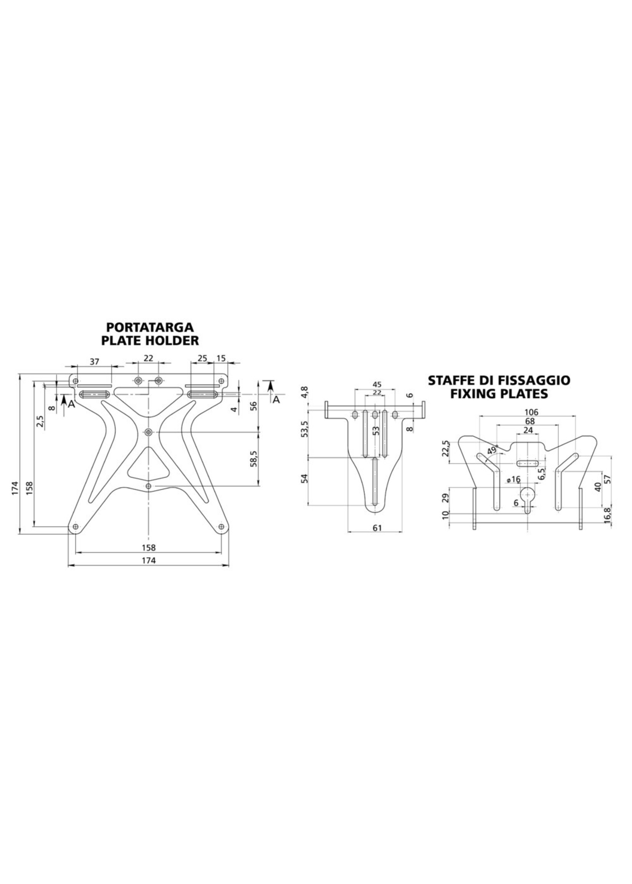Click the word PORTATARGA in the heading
pyautogui.click(x=150, y=326)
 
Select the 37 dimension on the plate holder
pyautogui.click(x=94, y=362)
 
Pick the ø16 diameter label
pyautogui.click(x=514, y=479)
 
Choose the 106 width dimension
pyautogui.click(x=531, y=412)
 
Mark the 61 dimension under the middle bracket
pyautogui.click(x=377, y=527)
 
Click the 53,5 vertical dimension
pyautogui.click(x=305, y=429)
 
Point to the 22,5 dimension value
pyautogui.click(x=446, y=448)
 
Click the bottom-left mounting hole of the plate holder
pyautogui.click(x=75, y=527)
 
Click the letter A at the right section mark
pyautogui.click(x=276, y=400)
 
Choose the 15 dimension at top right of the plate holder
pyautogui.click(x=221, y=358)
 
